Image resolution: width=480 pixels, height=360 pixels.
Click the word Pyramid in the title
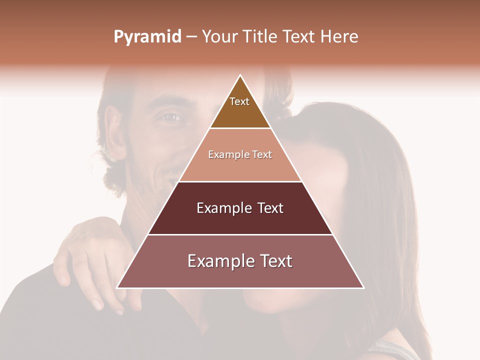point(147,37)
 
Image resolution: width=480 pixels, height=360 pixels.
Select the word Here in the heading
point(339,36)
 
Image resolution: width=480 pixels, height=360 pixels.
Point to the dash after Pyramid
point(191,37)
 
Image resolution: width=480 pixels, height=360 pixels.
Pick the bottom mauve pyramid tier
point(240,275)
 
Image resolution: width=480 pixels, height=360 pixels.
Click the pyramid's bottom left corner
point(117,287)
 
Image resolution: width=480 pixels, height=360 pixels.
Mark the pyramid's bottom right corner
point(363,287)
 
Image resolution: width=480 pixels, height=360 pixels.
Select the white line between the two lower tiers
point(240,234)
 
